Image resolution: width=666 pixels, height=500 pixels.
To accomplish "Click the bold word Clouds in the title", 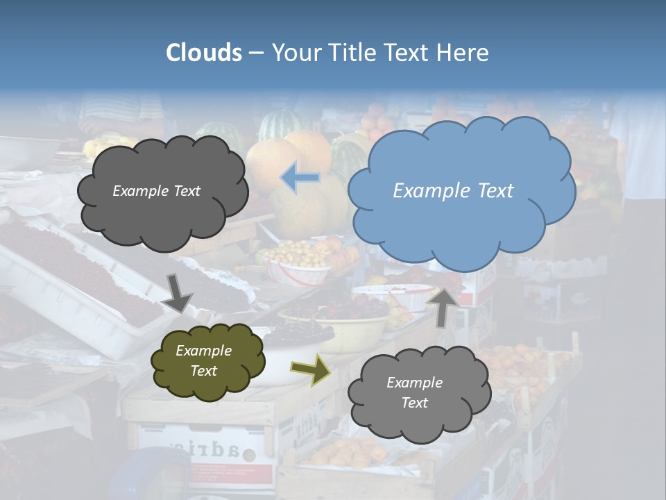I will coord(204,53).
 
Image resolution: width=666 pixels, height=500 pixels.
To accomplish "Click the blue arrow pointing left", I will coord(300,178).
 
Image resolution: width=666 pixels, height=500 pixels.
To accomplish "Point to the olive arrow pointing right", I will coord(310,369).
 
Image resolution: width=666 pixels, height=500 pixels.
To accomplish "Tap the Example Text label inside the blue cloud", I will coord(453,191).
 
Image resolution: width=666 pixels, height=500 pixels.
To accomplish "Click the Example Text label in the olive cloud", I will coord(203,360).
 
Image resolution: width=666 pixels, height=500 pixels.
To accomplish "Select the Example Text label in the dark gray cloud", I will coord(156,191).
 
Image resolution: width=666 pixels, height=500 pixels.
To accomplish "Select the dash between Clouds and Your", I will coord(256,53).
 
